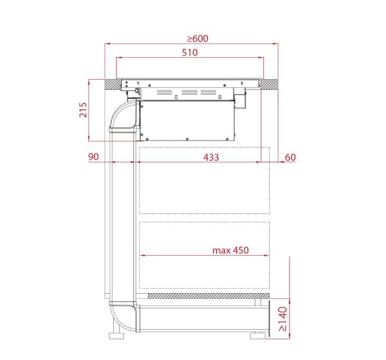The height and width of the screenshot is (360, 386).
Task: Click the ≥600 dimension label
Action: click(x=198, y=39)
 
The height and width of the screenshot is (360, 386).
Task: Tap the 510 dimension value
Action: click(x=190, y=53)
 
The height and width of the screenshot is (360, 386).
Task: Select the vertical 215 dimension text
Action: click(x=83, y=110)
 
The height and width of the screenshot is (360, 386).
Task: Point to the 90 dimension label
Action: click(x=93, y=157)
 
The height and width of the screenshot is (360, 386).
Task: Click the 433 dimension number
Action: click(x=211, y=157)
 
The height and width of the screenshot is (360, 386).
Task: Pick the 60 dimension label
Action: click(x=290, y=157)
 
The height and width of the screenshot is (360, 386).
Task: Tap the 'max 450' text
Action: click(x=230, y=250)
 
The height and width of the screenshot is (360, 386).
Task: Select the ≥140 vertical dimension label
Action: click(x=283, y=319)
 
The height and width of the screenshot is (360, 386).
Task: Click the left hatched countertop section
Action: click(x=112, y=84)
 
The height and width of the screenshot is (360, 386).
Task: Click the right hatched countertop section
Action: click(x=270, y=84)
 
